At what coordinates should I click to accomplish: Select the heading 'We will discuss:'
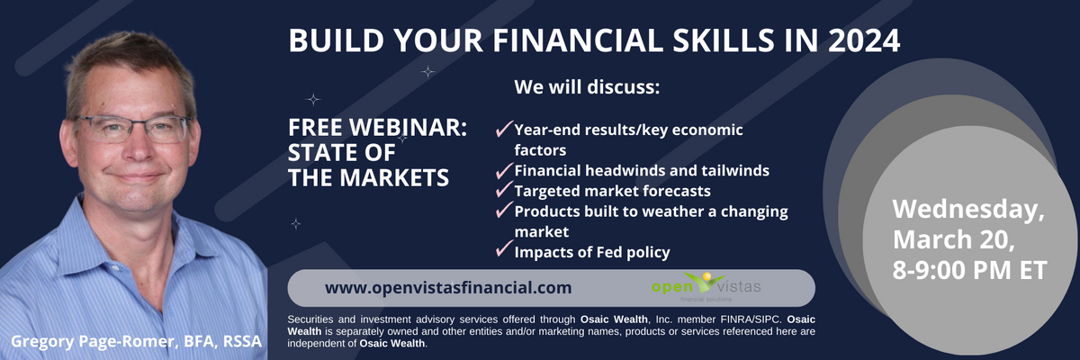click(587, 87)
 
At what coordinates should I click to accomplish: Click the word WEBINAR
click(408, 128)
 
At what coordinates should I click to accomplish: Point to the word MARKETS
click(394, 178)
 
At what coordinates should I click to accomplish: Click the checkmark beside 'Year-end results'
click(504, 129)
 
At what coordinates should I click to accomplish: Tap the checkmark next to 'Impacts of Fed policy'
click(504, 248)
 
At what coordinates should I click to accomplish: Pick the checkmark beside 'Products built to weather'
click(504, 210)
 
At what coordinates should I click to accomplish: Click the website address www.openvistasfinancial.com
click(448, 288)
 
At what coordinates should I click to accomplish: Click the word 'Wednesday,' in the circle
click(968, 210)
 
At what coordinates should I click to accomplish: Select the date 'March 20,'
click(954, 239)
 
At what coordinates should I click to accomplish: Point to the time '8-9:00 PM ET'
click(969, 270)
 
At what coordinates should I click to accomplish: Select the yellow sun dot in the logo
click(707, 276)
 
